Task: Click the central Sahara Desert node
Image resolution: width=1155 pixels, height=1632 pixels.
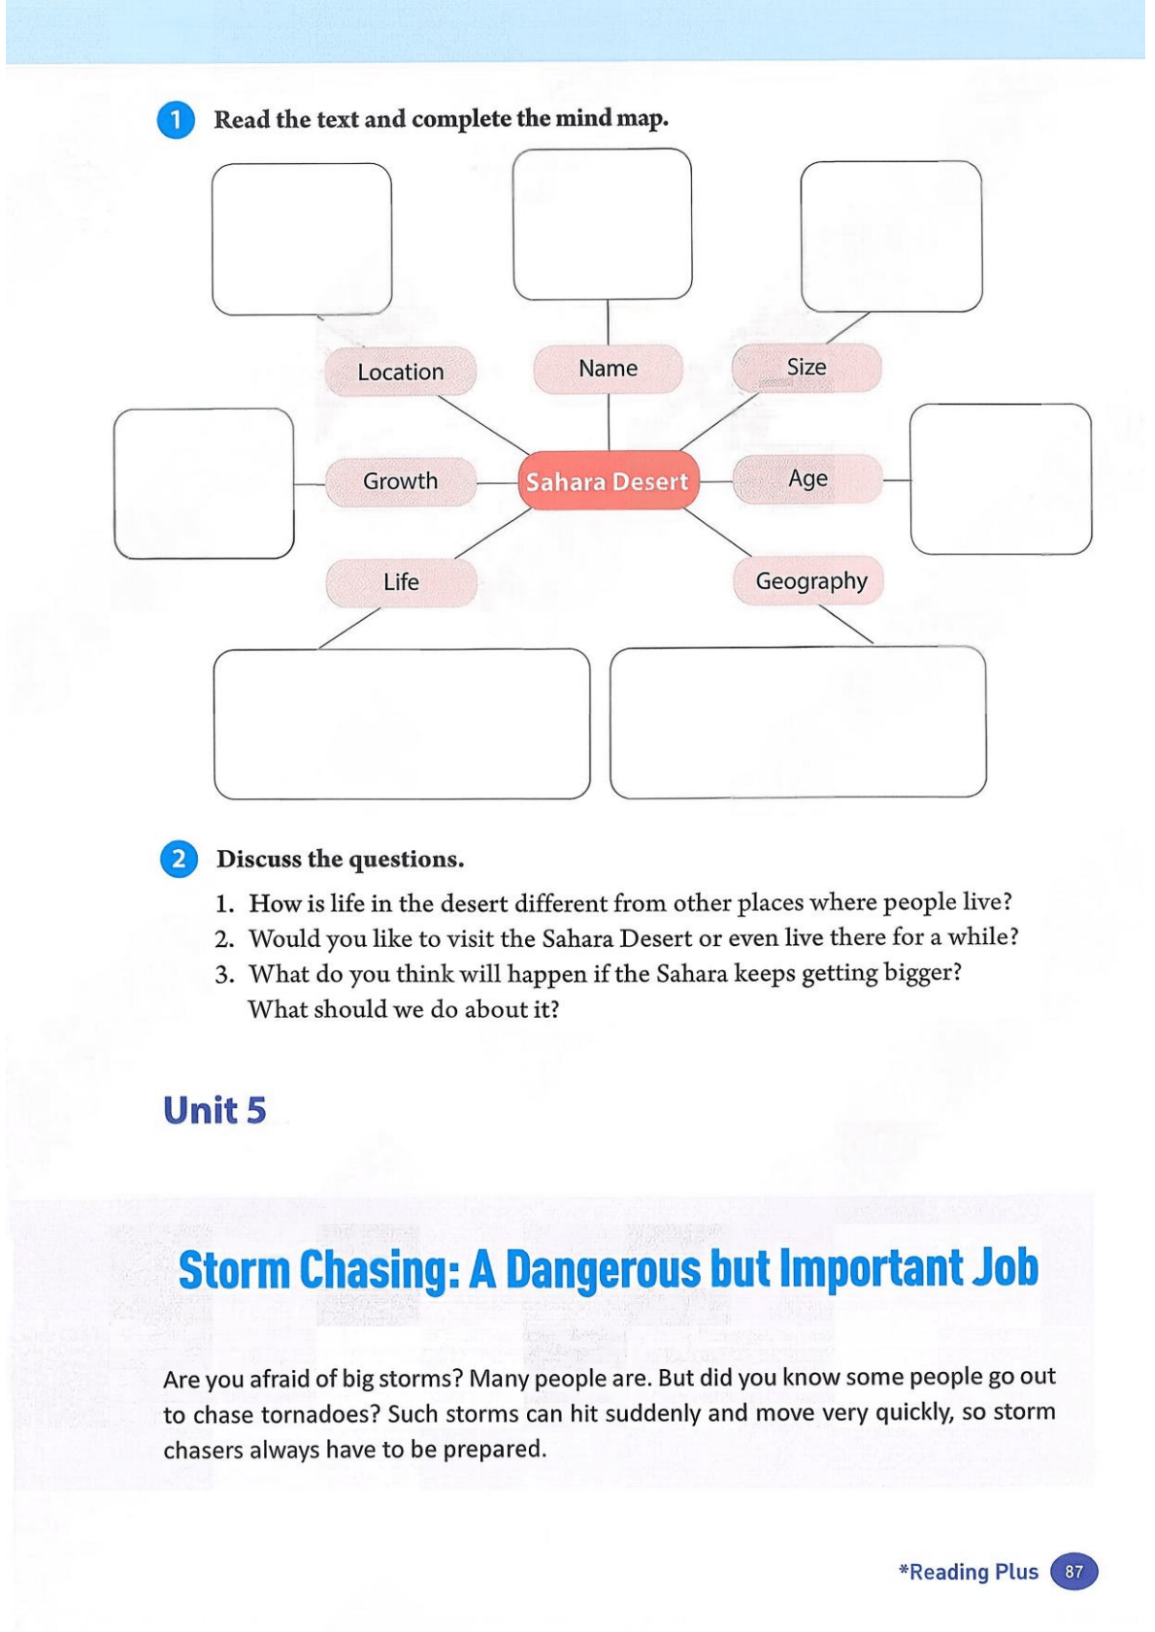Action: [x=608, y=481]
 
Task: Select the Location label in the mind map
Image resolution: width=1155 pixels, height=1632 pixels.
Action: [x=400, y=372]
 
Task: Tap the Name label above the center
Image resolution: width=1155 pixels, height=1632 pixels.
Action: [x=608, y=369]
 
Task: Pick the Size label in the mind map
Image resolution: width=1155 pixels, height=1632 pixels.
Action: [x=807, y=367]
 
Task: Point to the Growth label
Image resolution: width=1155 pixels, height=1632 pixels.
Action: [x=400, y=481]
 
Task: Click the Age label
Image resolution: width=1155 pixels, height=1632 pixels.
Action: [x=808, y=478]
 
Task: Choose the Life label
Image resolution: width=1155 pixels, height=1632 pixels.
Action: [x=401, y=582]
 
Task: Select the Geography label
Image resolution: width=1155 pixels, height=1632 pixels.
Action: [x=810, y=581]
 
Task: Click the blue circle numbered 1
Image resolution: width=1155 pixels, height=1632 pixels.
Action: [x=176, y=120]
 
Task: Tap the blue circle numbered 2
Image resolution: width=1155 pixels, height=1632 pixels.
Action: [x=179, y=860]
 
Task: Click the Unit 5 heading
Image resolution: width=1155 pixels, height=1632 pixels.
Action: [x=214, y=1111]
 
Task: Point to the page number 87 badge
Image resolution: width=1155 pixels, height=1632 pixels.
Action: [x=1073, y=1572]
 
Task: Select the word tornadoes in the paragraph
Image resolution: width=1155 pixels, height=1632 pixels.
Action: [x=319, y=1415]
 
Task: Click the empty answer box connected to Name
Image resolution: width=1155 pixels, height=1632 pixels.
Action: [x=602, y=224]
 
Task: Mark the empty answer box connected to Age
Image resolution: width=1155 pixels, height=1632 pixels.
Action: [x=1001, y=479]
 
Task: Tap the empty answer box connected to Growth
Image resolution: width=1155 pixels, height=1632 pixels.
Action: [x=204, y=483]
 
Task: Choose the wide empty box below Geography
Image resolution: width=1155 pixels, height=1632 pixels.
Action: [x=798, y=723]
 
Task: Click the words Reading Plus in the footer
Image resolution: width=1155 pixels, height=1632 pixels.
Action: [x=973, y=1572]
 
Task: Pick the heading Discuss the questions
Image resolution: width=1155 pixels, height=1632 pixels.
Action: [x=340, y=860]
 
